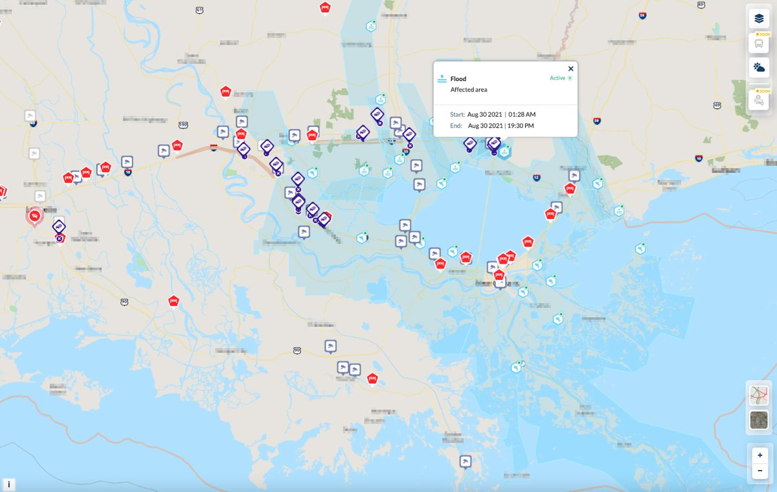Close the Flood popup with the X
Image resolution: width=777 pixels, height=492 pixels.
pyautogui.click(x=570, y=69)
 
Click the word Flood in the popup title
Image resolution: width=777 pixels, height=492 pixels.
pyautogui.click(x=458, y=79)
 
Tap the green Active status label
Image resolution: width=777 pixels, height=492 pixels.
pyautogui.click(x=557, y=78)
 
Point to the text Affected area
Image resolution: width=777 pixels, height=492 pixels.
pyautogui.click(x=469, y=89)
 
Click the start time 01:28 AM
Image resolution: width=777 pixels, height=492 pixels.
pyautogui.click(x=522, y=114)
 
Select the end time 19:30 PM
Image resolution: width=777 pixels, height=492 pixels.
pyautogui.click(x=521, y=125)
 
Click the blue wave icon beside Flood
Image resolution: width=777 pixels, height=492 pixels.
pyautogui.click(x=442, y=78)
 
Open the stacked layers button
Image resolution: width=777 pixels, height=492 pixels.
pyautogui.click(x=759, y=19)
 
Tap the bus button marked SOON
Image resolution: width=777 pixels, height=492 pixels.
pyautogui.click(x=759, y=43)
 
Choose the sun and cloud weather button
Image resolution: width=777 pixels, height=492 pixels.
pyautogui.click(x=759, y=67)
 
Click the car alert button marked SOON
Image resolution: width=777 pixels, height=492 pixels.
pyautogui.click(x=759, y=99)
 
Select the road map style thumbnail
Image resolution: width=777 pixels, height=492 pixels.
pyautogui.click(x=759, y=395)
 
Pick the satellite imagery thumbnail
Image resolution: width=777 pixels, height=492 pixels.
pyautogui.click(x=759, y=419)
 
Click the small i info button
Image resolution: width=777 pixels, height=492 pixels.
pyautogui.click(x=9, y=484)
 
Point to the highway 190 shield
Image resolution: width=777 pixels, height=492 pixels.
pyautogui.click(x=183, y=124)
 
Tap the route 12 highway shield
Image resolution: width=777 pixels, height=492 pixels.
pyautogui.click(x=536, y=177)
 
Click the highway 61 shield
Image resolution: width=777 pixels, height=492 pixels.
pyautogui.click(x=200, y=10)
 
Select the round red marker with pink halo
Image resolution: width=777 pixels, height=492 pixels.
pyautogui.click(x=34, y=216)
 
